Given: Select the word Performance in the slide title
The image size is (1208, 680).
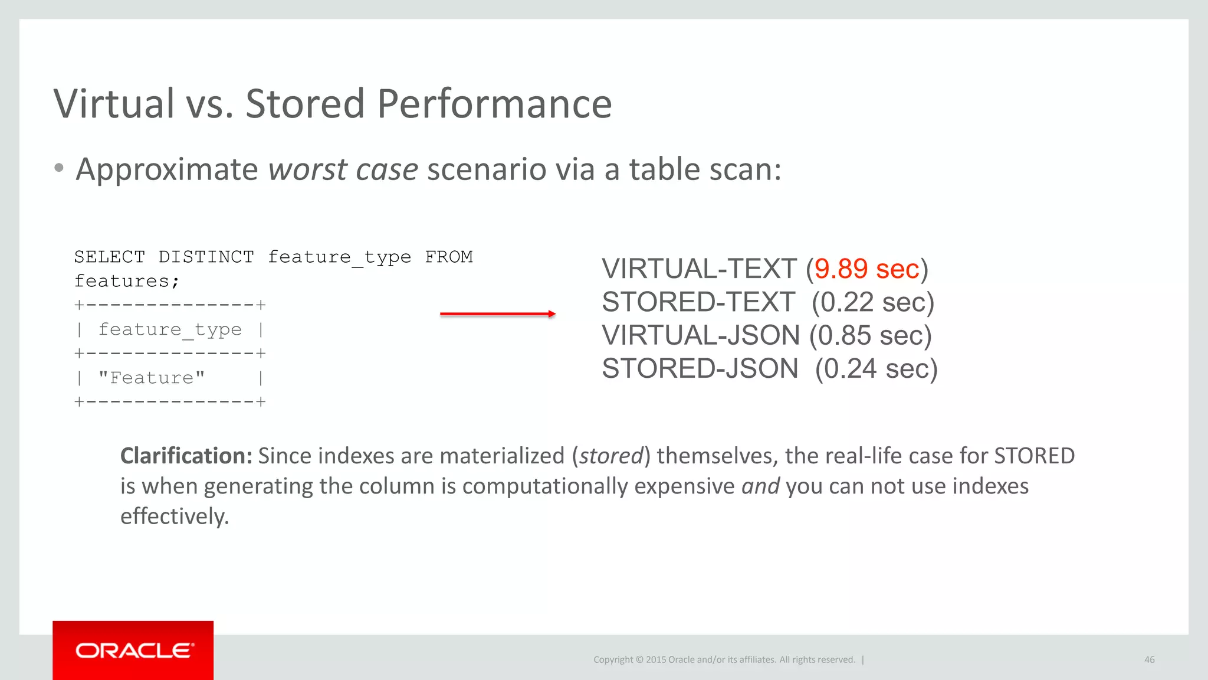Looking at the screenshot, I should tap(494, 104).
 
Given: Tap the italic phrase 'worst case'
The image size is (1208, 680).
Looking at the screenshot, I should tap(343, 169).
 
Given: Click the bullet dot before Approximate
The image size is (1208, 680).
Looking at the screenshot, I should tap(58, 168).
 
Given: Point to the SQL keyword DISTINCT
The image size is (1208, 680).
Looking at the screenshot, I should tap(206, 257).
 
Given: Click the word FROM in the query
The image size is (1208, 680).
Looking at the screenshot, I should tap(449, 257).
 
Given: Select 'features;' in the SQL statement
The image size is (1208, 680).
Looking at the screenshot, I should tap(127, 281).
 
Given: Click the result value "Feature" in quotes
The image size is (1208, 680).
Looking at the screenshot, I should tap(152, 378).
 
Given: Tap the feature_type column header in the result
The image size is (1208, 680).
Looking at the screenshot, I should tap(170, 329).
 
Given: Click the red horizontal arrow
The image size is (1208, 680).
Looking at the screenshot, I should tap(497, 314).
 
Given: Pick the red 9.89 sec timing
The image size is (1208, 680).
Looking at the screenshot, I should tap(866, 269).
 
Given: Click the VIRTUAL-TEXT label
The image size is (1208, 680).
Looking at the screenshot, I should tap(699, 269).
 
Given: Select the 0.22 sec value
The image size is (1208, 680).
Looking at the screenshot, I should tap(873, 302).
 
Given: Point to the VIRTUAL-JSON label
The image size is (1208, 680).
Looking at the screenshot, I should tap(701, 335).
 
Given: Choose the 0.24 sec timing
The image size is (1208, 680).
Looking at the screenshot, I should tap(876, 369).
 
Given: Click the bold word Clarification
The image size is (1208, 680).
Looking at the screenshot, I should tap(186, 456).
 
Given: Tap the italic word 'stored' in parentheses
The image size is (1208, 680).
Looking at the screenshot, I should tap(611, 456).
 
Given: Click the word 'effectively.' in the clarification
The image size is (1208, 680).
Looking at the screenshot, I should tap(175, 516).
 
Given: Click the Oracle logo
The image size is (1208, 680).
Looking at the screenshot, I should tap(133, 650).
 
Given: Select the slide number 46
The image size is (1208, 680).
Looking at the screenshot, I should tap(1149, 660).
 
